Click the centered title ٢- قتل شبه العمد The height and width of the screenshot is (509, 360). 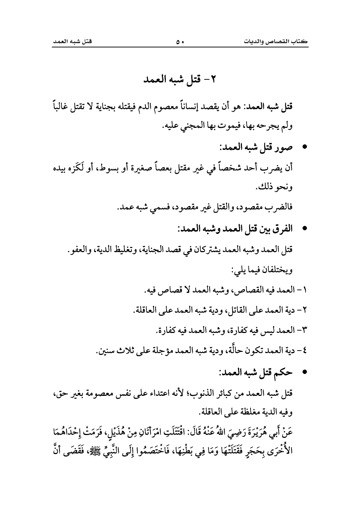coord(180,79)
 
